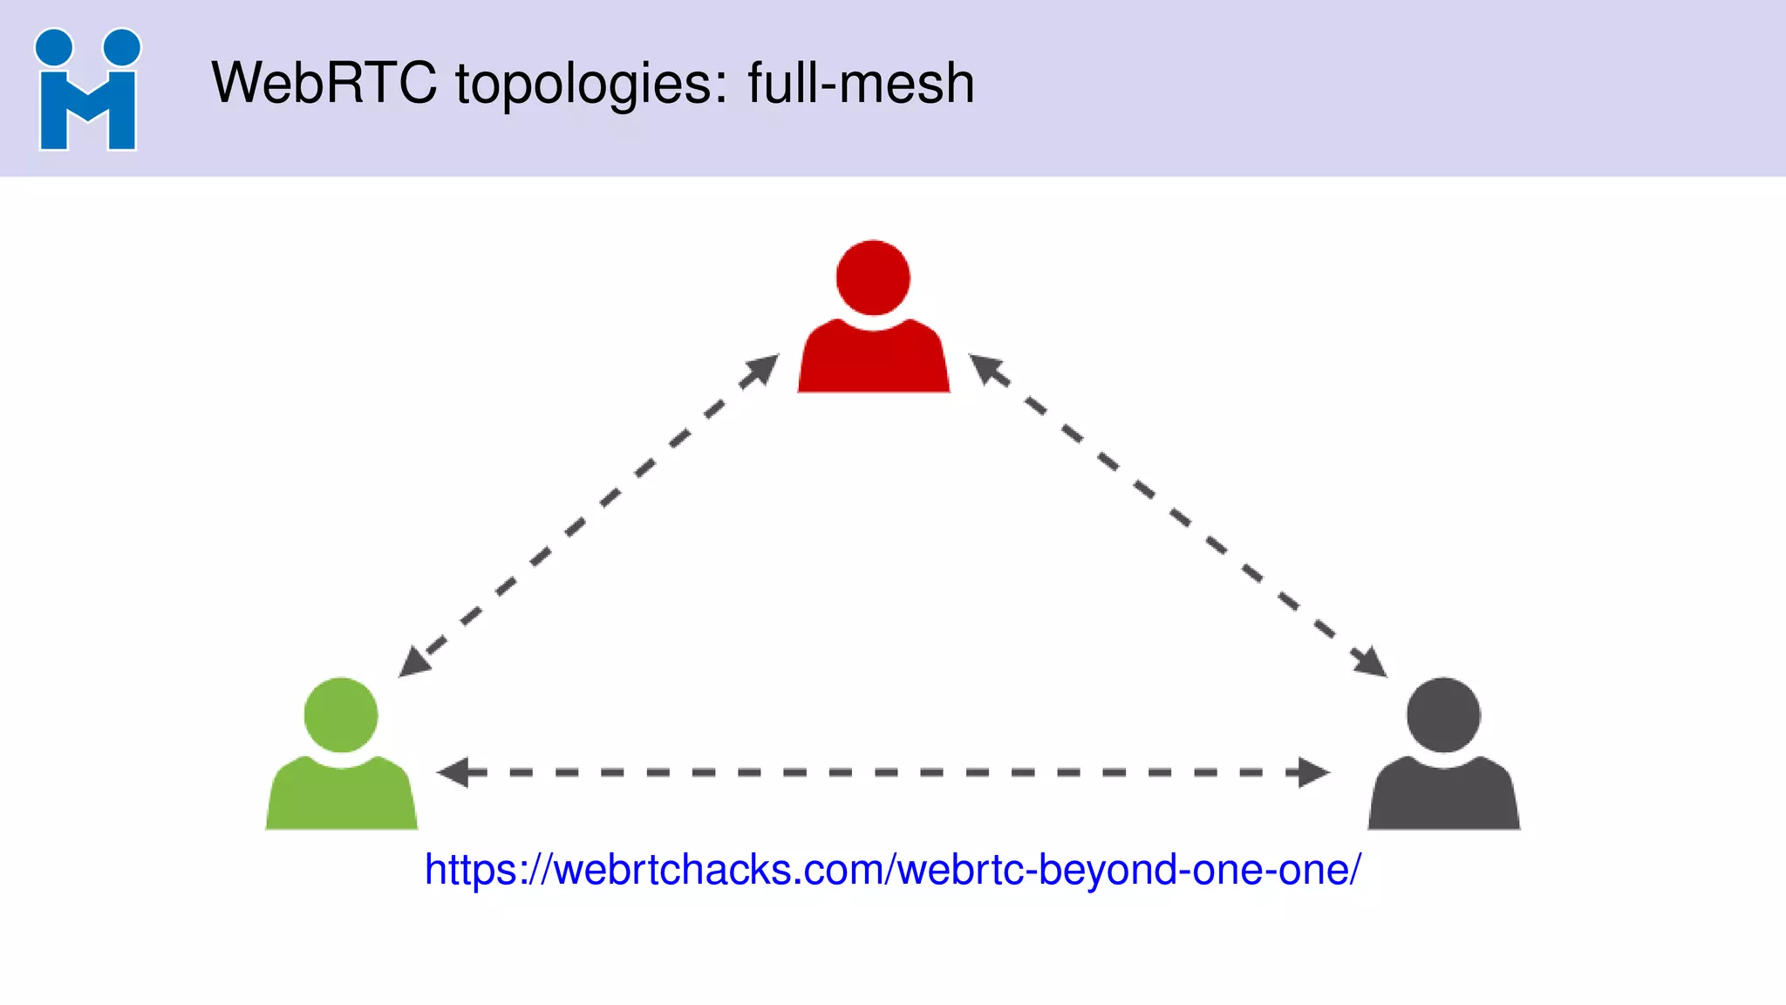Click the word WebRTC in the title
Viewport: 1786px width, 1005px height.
[324, 84]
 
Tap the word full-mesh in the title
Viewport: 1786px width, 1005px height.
[860, 84]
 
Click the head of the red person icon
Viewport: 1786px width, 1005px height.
[873, 277]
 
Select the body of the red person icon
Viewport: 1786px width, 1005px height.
[873, 359]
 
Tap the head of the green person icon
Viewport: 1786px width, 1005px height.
[341, 714]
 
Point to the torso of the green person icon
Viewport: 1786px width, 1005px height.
[341, 796]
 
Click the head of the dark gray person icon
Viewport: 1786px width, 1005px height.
[1443, 714]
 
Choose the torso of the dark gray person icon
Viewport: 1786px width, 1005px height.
[1443, 796]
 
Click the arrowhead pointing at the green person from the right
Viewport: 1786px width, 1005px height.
[453, 772]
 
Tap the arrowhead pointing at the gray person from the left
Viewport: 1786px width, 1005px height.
[1312, 772]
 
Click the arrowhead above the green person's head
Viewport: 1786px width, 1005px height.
[414, 662]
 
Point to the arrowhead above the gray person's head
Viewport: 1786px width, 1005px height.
[1371, 662]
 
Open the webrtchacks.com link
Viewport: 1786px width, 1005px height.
[892, 870]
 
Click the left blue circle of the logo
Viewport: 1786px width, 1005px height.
[54, 47]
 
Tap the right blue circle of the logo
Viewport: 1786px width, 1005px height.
[121, 47]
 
